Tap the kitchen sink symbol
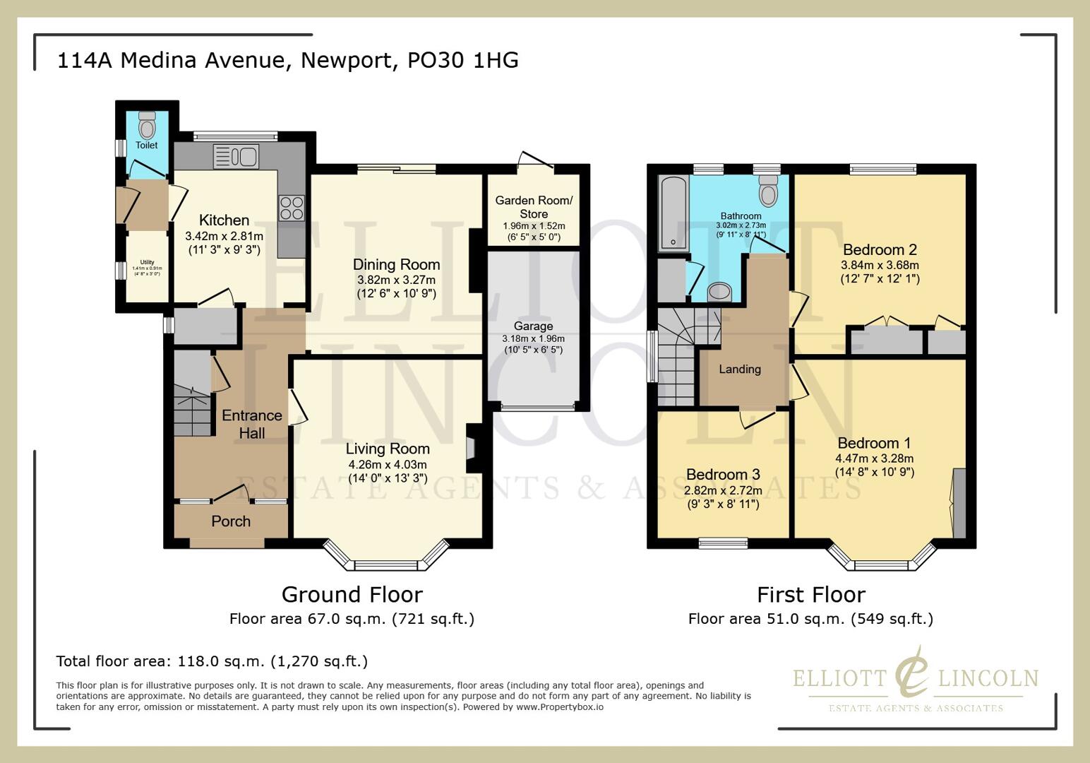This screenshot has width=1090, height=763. (x=236, y=156)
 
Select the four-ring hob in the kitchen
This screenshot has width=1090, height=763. (x=292, y=208)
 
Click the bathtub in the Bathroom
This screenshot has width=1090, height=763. (x=673, y=214)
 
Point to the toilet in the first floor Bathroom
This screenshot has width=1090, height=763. (x=767, y=189)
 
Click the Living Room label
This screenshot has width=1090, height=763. (x=388, y=449)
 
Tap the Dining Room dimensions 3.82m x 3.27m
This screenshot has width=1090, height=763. (x=396, y=280)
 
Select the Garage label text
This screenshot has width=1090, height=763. (x=533, y=326)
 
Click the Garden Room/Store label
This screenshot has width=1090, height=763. (x=534, y=207)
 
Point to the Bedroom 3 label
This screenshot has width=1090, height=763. (x=723, y=474)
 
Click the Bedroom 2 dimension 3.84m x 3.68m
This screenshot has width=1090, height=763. (x=880, y=265)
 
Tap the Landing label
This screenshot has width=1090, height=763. (x=740, y=369)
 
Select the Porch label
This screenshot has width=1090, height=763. (x=231, y=521)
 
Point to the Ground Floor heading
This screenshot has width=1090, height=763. (x=352, y=594)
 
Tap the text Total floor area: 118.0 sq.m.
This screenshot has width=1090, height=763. (x=212, y=661)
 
